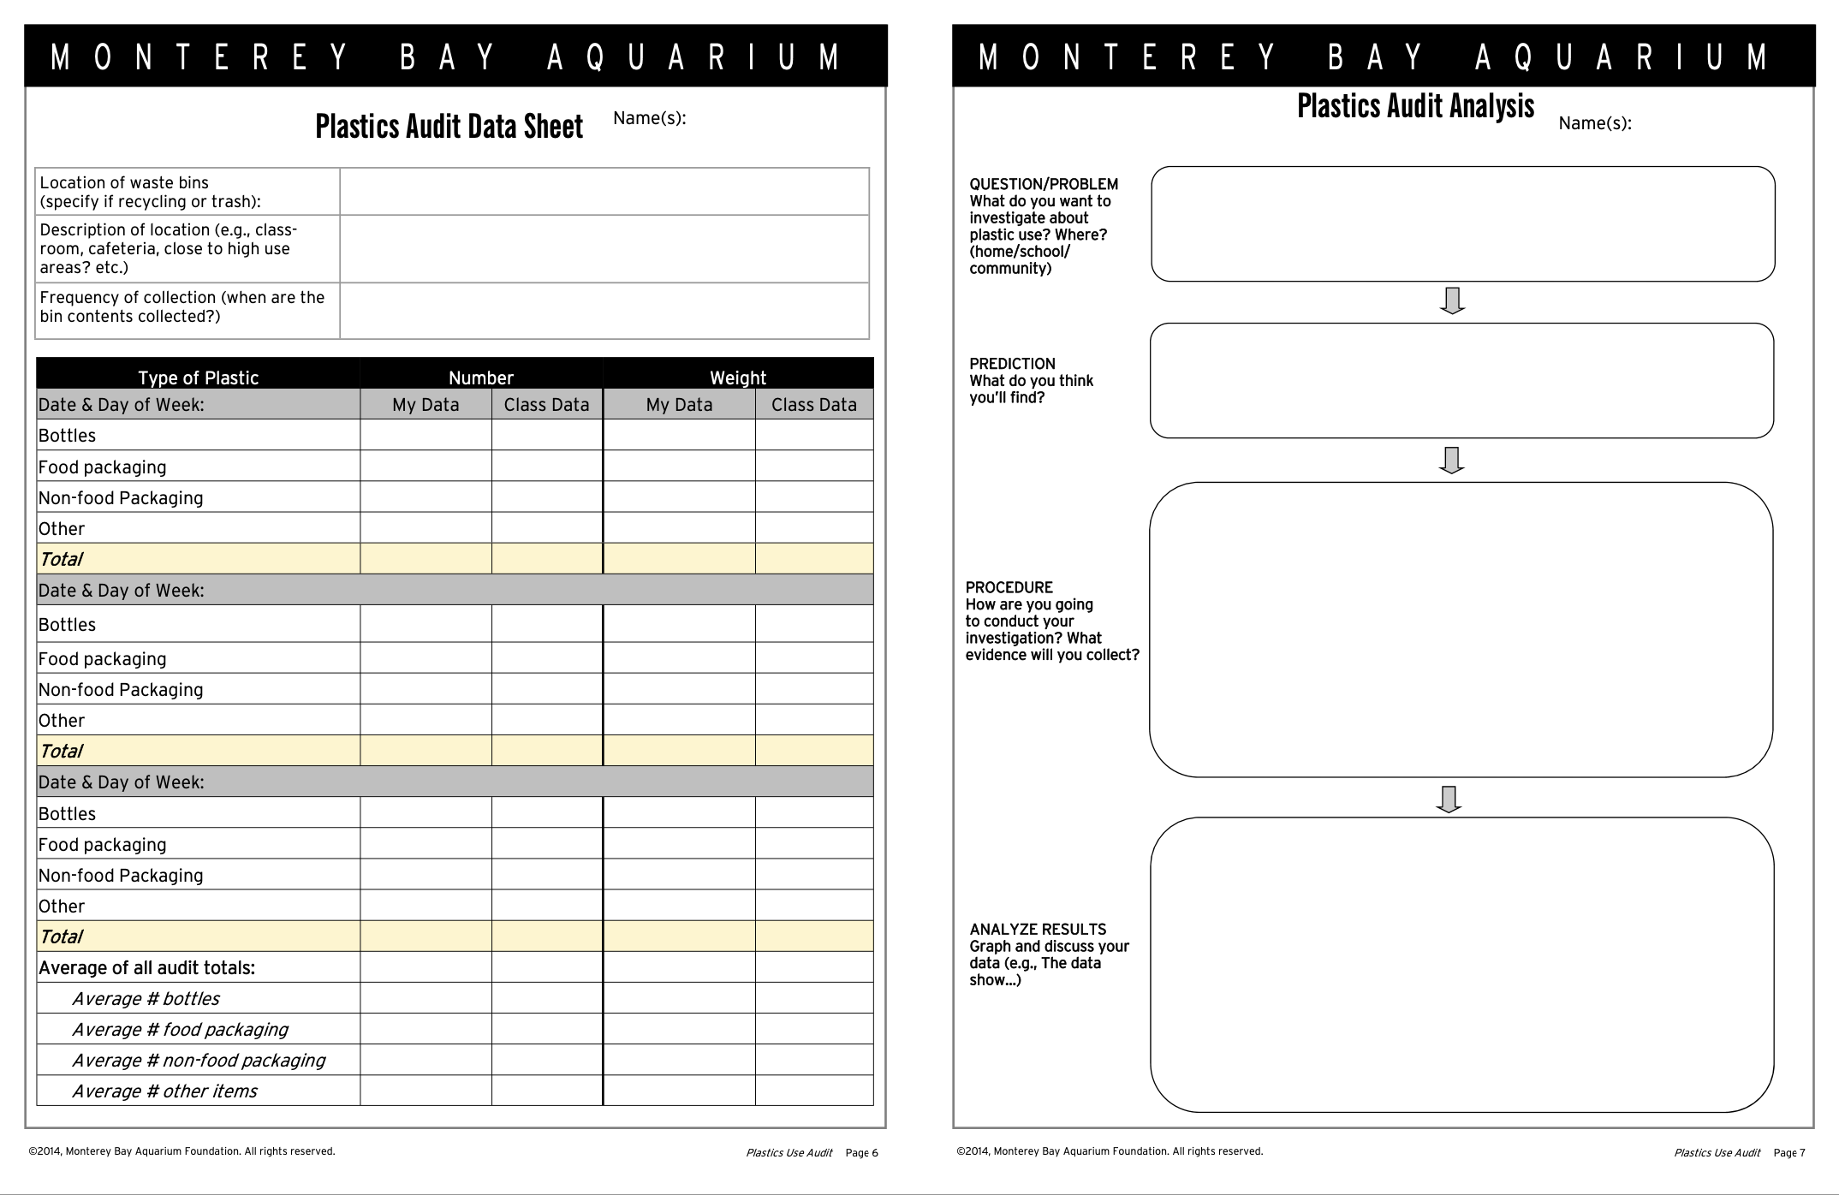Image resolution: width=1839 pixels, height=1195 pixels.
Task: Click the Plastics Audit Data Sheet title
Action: point(449,127)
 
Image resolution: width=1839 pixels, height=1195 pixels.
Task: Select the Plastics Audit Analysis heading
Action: point(1415,106)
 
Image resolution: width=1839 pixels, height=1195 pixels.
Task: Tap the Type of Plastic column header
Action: point(198,378)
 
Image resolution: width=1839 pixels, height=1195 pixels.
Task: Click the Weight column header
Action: point(738,378)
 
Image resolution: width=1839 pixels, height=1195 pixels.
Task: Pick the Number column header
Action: point(480,378)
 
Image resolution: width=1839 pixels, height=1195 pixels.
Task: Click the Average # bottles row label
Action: point(146,999)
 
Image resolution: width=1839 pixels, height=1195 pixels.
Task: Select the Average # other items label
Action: point(164,1091)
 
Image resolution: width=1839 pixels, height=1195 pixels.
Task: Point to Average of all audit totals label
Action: point(146,968)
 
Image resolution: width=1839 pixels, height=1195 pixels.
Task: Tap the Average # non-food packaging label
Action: point(199,1061)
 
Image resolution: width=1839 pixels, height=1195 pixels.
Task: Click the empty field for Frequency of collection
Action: point(604,311)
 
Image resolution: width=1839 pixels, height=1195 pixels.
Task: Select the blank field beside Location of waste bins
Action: point(604,192)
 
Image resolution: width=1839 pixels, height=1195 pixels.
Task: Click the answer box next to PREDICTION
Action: point(1461,381)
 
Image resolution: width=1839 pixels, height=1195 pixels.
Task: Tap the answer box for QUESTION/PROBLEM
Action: point(1462,224)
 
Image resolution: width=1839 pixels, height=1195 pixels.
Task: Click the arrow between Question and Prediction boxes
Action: point(1452,301)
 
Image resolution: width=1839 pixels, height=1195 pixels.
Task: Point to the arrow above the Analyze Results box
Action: point(1449,799)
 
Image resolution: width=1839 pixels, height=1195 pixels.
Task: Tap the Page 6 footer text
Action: point(861,1153)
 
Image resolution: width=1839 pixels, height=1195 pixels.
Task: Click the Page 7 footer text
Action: point(1788,1153)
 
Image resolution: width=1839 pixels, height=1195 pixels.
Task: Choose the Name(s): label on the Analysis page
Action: point(1594,123)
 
